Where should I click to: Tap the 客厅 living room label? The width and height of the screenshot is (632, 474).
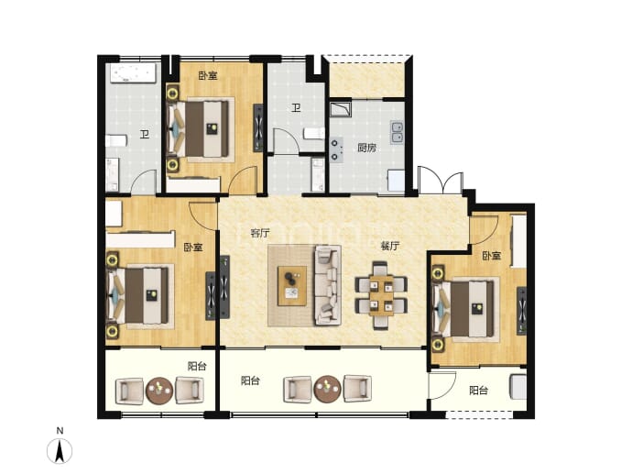point(260,233)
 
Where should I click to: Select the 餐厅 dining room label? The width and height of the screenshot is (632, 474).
point(390,246)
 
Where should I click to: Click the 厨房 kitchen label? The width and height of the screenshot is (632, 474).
point(366,148)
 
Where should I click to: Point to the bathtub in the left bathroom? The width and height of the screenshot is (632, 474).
point(133,73)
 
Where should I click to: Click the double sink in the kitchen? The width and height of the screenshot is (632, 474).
point(397,132)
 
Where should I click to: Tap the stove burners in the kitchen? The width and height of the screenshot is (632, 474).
point(336,149)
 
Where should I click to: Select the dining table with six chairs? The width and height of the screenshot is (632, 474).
point(381,295)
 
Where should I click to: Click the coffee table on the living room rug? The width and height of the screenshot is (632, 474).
point(292,286)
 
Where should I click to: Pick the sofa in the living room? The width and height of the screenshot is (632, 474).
point(327,285)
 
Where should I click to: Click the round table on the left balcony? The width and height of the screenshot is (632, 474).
point(159,391)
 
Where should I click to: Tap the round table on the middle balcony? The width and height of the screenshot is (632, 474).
point(327,390)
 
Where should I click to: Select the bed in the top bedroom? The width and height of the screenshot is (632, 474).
point(202,128)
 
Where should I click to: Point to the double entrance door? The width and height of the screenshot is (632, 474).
point(441,180)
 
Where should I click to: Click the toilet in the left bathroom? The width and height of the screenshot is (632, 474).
point(116,141)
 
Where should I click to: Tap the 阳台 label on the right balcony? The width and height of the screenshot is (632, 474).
point(479,391)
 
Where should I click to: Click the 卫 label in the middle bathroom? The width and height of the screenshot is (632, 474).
point(296,108)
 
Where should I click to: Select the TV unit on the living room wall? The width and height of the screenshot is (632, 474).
point(224,287)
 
